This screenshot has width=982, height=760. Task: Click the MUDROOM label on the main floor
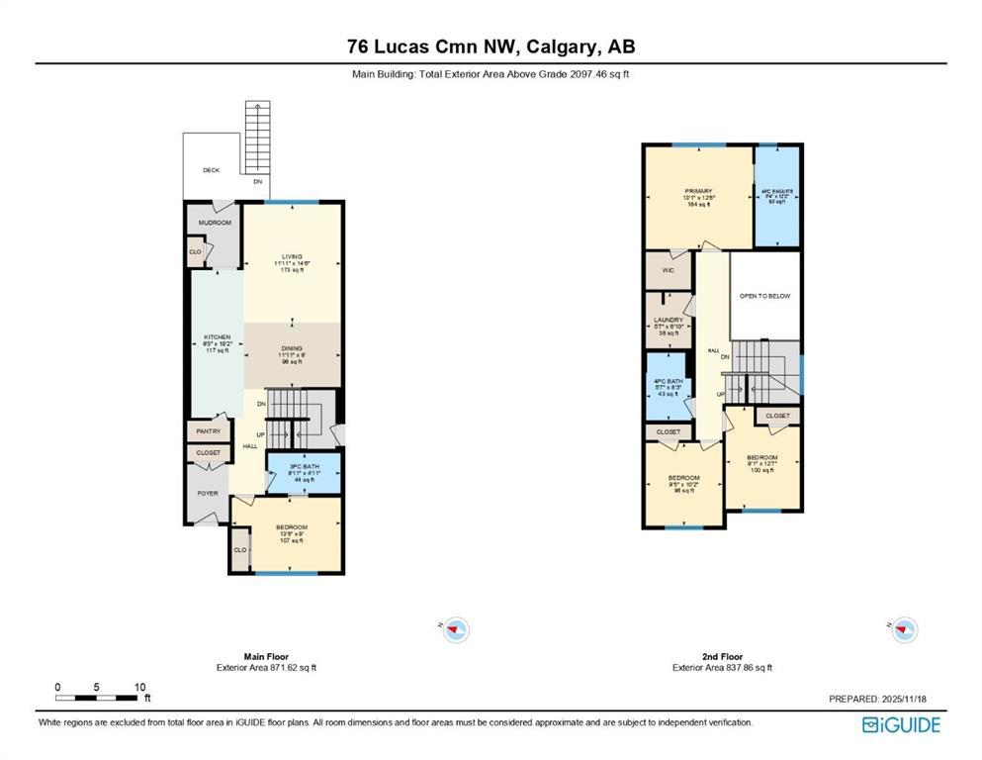pyautogui.click(x=215, y=223)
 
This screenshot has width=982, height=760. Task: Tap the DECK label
pyautogui.click(x=211, y=170)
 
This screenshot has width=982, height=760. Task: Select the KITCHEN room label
pyautogui.click(x=217, y=337)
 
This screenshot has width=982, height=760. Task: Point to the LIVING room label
pyautogui.click(x=291, y=256)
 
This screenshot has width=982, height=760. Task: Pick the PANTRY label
pyautogui.click(x=208, y=431)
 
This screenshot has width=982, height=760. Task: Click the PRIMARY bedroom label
pyautogui.click(x=697, y=191)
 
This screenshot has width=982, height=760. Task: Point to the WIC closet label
pyautogui.click(x=667, y=268)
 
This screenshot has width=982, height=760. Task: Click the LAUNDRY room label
pyautogui.click(x=669, y=320)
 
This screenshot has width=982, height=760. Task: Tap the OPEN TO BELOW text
pyautogui.click(x=764, y=296)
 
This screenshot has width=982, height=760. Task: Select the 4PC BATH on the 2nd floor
pyautogui.click(x=669, y=382)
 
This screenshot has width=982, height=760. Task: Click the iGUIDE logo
pyautogui.click(x=901, y=725)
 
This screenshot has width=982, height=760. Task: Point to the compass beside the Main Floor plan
pyautogui.click(x=455, y=628)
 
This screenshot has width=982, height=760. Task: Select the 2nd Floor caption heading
pyautogui.click(x=722, y=656)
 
